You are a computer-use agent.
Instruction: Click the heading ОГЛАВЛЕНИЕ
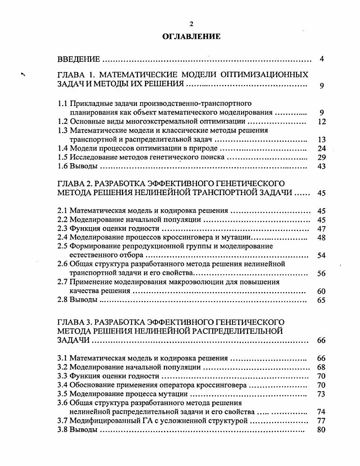click(x=191, y=37)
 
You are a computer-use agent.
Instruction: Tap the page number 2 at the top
click(x=191, y=24)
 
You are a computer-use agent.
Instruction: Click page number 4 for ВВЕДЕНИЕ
click(x=321, y=59)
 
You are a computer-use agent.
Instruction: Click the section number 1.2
click(x=63, y=121)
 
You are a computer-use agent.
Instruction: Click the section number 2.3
click(x=63, y=228)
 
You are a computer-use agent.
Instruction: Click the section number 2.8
click(x=63, y=300)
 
